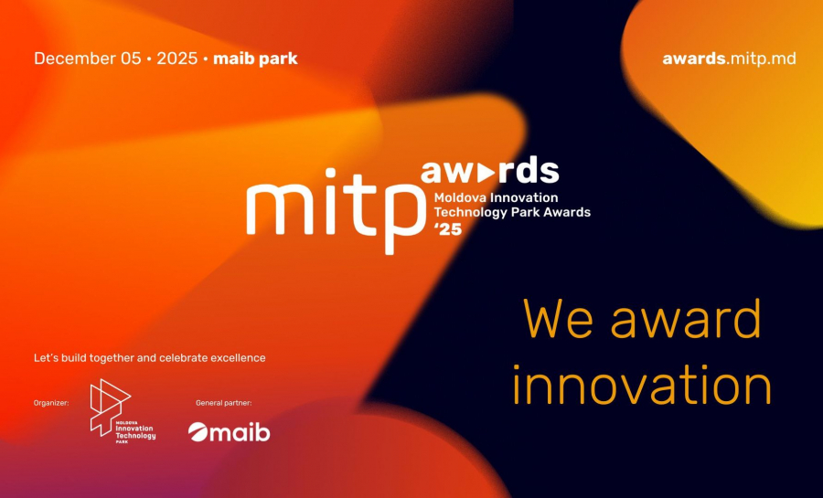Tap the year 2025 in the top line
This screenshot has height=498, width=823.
(x=176, y=58)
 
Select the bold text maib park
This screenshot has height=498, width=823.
(x=255, y=58)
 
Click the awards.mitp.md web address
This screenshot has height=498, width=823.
(x=729, y=58)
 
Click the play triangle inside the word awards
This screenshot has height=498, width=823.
(x=487, y=173)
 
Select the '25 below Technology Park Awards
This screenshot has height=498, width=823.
(x=448, y=228)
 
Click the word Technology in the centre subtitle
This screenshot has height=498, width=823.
(x=464, y=213)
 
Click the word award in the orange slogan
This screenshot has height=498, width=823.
(x=686, y=318)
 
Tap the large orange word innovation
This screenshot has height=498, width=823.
(x=642, y=385)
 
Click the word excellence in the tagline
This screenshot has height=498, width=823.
(x=238, y=358)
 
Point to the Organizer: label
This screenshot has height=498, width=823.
(x=51, y=403)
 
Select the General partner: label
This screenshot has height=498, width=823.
(x=224, y=403)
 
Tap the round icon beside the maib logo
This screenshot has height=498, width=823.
(x=198, y=432)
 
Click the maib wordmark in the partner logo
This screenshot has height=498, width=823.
(x=240, y=432)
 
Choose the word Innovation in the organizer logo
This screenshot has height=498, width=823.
(x=134, y=429)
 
